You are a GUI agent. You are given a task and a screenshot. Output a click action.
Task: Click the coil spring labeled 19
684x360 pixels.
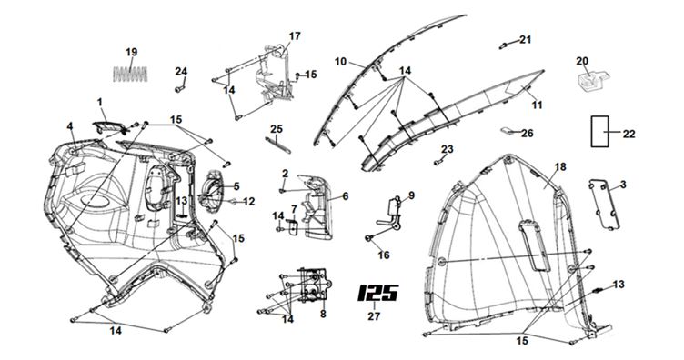tap(130, 74)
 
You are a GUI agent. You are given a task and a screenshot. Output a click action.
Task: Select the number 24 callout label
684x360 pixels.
tap(182, 71)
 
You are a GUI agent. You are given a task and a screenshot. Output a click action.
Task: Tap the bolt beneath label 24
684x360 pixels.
tap(179, 89)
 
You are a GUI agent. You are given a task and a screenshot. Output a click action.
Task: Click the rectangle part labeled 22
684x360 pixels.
tap(600, 131)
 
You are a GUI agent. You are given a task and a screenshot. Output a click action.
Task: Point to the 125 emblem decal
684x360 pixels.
tap(377, 293)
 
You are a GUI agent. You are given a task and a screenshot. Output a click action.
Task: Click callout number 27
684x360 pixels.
tap(374, 316)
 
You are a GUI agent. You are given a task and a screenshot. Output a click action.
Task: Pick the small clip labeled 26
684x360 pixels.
tap(506, 130)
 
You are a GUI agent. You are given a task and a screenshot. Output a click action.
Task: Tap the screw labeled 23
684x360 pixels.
tap(438, 162)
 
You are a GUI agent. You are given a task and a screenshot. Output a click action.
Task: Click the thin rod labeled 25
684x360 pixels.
tap(278, 145)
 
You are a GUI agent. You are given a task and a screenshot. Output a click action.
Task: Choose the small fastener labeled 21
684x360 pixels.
tap(503, 45)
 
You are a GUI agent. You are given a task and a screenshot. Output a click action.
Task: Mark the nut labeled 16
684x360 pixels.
tap(369, 238)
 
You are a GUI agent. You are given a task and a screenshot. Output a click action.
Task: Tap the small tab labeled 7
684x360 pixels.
tap(292, 225)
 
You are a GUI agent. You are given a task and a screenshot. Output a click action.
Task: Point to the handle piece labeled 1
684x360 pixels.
tap(109, 127)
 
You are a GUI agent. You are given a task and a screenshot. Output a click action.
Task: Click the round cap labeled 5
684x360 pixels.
tap(214, 191)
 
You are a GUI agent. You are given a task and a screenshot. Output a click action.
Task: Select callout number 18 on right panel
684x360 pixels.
tap(560, 167)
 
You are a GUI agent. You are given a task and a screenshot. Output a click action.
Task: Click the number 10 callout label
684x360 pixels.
tap(341, 62)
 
